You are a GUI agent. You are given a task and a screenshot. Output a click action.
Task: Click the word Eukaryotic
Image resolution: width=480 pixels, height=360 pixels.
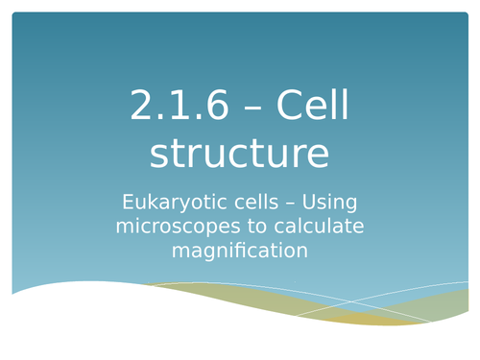tap(171, 203)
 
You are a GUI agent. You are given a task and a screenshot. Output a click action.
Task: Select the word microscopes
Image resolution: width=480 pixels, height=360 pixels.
tap(176, 227)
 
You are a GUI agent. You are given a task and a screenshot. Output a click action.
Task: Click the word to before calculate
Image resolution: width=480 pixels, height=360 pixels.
tap(248, 227)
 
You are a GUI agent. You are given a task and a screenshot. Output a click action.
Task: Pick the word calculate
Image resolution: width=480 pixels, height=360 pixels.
tap(312, 227)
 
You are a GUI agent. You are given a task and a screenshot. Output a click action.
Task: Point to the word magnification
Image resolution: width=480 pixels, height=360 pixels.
tap(240, 251)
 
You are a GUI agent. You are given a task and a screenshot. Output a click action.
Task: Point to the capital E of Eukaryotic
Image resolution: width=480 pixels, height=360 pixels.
tap(129, 203)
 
